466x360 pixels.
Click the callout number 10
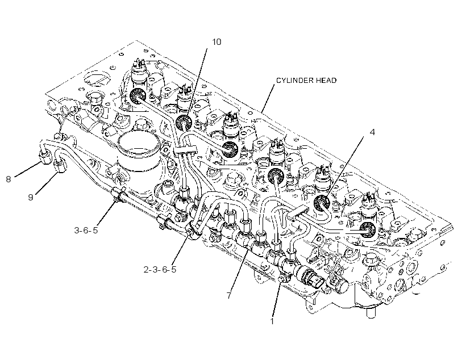pos(217,42)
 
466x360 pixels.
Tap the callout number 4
pos(372,132)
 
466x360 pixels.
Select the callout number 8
pos(9,179)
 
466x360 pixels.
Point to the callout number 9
pos(31,197)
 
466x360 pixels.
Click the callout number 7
pos(228,295)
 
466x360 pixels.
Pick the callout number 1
pos(272,321)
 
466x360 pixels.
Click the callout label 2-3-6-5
pos(160,269)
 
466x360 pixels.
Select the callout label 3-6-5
pos(86,230)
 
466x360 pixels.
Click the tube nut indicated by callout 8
pos(44,157)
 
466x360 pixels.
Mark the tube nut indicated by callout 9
pos(61,166)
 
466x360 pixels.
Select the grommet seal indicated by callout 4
pos(322,203)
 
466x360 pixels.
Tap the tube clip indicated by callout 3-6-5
pos(118,195)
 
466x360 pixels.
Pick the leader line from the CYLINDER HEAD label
pos(268,98)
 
